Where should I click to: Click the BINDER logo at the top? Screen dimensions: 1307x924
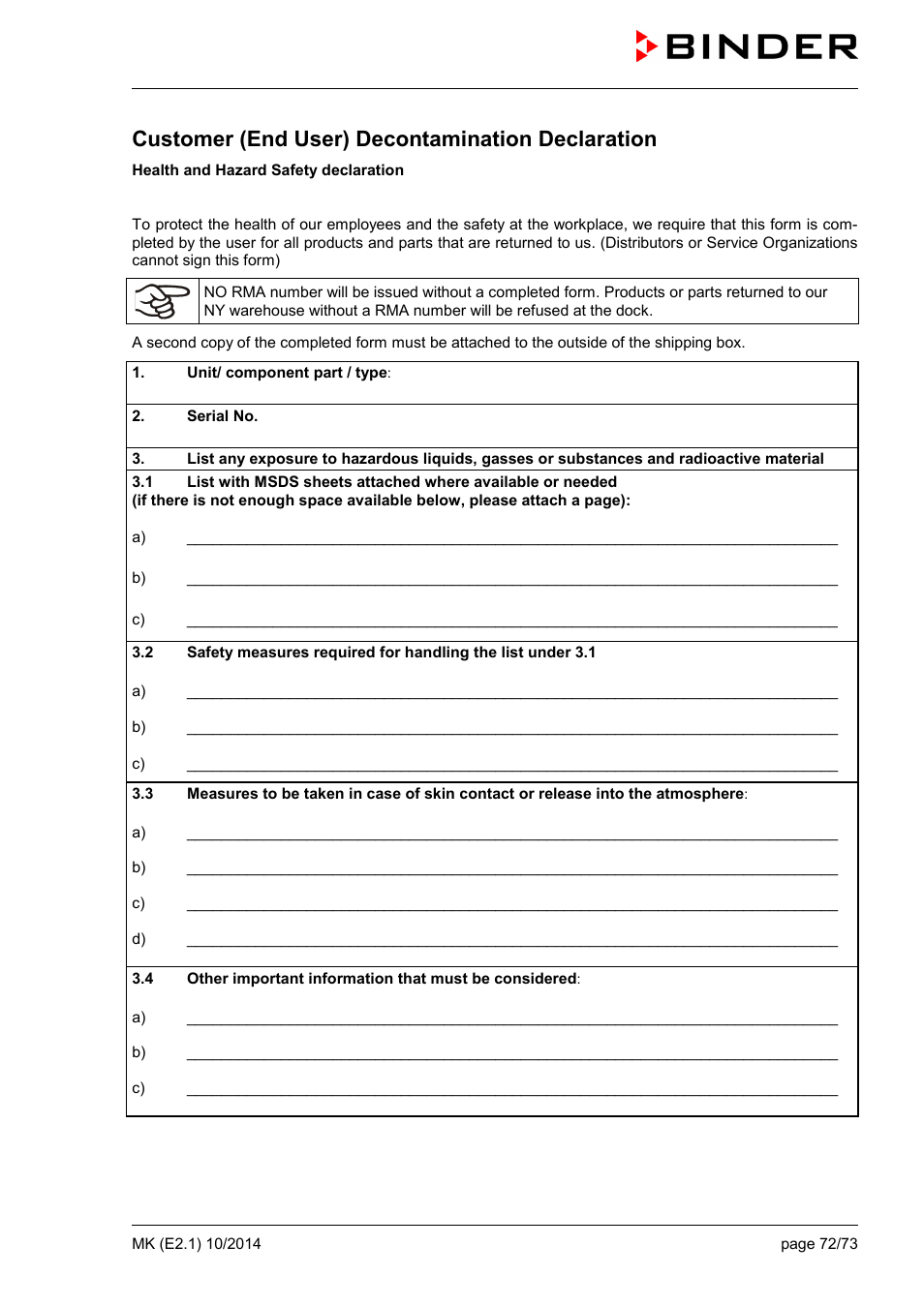click(747, 46)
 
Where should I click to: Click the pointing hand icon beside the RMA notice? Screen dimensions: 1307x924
click(162, 301)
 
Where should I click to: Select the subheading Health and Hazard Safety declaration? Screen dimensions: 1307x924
click(267, 170)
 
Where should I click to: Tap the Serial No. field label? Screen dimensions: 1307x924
click(222, 416)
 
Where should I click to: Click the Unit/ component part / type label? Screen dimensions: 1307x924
click(288, 373)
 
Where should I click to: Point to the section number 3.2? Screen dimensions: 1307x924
click(142, 653)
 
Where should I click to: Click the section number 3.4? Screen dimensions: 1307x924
click(142, 979)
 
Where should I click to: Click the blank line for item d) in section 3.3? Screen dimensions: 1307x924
click(511, 944)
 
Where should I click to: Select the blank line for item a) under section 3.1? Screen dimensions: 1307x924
click(511, 542)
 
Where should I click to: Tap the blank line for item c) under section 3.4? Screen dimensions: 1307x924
click(511, 1093)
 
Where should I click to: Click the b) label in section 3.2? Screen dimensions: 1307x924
click(139, 727)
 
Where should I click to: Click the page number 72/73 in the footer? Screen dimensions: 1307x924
click(838, 1244)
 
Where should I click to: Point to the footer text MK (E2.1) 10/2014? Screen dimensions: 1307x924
click(197, 1244)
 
